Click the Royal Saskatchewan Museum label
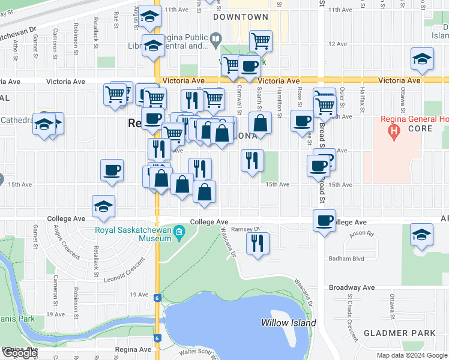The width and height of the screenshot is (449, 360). [x=133, y=233]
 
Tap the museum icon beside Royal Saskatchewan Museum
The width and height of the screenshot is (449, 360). [x=179, y=233]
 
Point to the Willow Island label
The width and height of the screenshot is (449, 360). [x=288, y=323]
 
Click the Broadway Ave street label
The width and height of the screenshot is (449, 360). [x=352, y=288]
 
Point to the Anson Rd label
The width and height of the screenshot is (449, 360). [x=361, y=234]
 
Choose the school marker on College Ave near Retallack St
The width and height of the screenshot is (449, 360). [x=104, y=206]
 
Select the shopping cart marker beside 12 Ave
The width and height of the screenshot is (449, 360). [x=261, y=41]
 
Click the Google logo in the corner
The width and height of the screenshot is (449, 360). [x=20, y=353]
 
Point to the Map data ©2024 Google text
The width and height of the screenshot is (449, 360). [x=412, y=355]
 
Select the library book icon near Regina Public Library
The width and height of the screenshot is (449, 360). [x=215, y=41]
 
